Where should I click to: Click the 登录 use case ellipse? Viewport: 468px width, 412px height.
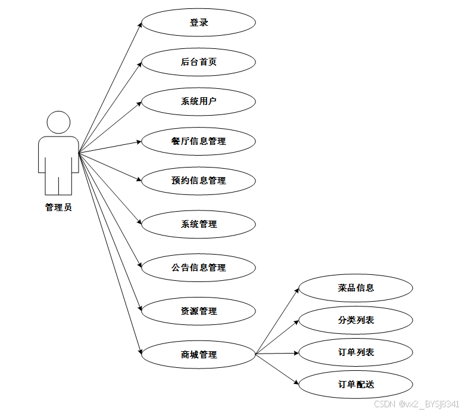tap(198, 23)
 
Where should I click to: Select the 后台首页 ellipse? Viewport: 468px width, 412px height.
tap(198, 61)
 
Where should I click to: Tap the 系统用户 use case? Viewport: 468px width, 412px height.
tap(198, 101)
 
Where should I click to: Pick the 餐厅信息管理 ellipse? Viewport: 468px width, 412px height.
tap(198, 141)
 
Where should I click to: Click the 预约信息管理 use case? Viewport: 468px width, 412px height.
tap(198, 180)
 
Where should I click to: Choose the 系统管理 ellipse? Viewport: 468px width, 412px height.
tap(198, 224)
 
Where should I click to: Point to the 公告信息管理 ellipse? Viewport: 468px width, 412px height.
tap(198, 268)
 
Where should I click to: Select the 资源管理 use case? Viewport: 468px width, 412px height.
tap(198, 311)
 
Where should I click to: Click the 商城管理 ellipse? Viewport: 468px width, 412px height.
tap(198, 355)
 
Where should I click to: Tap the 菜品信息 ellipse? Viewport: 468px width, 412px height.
tap(355, 288)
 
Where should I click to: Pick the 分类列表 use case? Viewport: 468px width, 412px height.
tap(355, 320)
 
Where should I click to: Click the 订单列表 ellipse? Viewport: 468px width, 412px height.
tap(355, 352)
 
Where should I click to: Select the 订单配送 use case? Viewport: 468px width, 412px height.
tap(355, 385)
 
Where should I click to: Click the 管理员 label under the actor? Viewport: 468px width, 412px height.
tap(58, 208)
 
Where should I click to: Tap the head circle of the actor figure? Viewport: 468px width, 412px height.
tap(58, 122)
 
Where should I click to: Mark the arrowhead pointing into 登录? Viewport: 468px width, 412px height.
tap(141, 25)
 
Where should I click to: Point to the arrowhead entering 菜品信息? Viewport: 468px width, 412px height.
tap(297, 290)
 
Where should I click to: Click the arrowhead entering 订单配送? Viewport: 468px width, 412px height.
tap(297, 383)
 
